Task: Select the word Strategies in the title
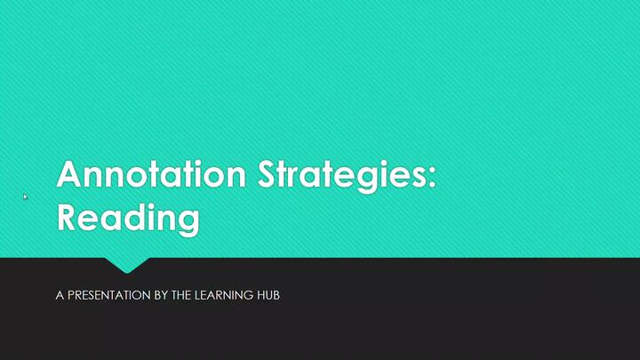point(342,175)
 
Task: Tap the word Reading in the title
point(128,218)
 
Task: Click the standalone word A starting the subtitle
point(59,294)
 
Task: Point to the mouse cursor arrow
point(25,196)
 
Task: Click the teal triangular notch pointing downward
point(126,264)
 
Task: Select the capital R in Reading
point(68,217)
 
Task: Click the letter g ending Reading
point(188,220)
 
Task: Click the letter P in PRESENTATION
point(70,294)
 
